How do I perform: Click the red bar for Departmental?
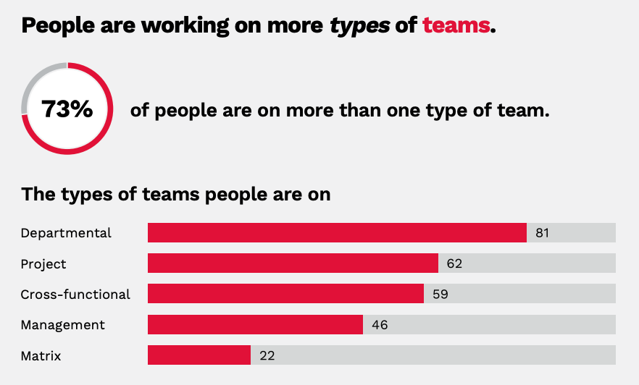pyautogui.click(x=337, y=233)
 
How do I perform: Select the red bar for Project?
pyautogui.click(x=293, y=263)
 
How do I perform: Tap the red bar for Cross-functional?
pyautogui.click(x=285, y=294)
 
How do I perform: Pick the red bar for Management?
pyautogui.click(x=255, y=325)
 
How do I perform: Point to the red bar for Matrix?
pyautogui.click(x=199, y=355)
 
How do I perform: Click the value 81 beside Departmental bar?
pyautogui.click(x=543, y=233)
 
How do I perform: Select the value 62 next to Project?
pyautogui.click(x=454, y=263)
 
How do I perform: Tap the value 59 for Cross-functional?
pyautogui.click(x=440, y=295)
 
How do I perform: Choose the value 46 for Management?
pyautogui.click(x=380, y=325)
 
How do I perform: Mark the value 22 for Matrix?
pyautogui.click(x=267, y=356)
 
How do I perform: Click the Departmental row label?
pyautogui.click(x=66, y=233)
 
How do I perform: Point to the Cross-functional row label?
pyautogui.click(x=75, y=295)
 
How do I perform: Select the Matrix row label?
pyautogui.click(x=41, y=356)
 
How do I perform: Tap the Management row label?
pyautogui.click(x=62, y=325)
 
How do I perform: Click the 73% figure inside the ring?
pyautogui.click(x=67, y=109)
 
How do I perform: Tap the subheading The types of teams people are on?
pyautogui.click(x=176, y=194)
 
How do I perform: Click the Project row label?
pyautogui.click(x=43, y=264)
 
